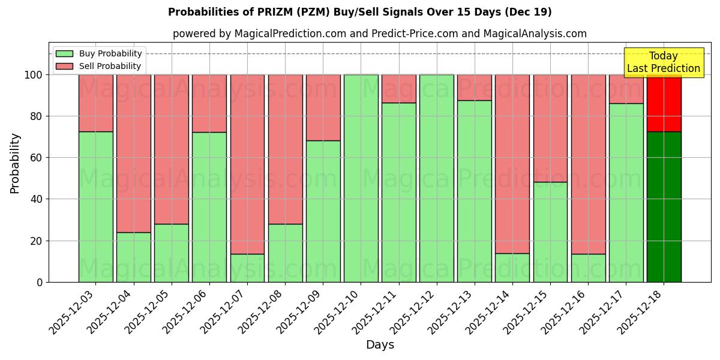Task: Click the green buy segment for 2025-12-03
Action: [95, 206]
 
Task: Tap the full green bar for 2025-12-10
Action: [361, 178]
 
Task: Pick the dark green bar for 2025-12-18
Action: [664, 206]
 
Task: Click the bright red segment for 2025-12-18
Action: [664, 103]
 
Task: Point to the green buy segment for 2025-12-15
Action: [550, 232]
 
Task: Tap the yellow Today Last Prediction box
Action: [663, 62]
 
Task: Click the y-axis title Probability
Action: [15, 163]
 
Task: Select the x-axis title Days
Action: [380, 345]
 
